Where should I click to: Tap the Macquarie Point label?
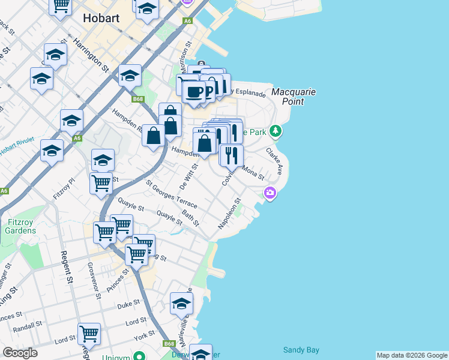pos(294,97)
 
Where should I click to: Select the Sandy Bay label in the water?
pos(301,349)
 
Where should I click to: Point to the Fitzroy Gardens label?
pos(21,226)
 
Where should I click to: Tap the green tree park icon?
pos(276,130)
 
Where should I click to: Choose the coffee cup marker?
pos(194,92)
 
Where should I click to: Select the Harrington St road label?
pos(91,55)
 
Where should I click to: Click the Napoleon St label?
pos(228,214)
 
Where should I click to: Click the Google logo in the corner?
pos(20,353)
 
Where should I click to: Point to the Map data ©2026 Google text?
pos(412,355)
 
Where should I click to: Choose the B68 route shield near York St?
pos(169,344)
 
